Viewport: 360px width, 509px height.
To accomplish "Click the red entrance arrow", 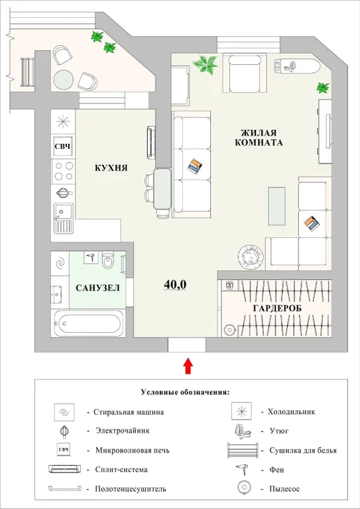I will (x=188, y=364).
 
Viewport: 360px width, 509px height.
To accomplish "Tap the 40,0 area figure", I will (x=175, y=284).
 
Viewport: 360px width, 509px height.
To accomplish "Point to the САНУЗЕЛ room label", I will (x=97, y=288).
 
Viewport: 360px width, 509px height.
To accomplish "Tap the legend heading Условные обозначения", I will (x=185, y=392).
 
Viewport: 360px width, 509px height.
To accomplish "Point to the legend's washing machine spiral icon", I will (x=64, y=412).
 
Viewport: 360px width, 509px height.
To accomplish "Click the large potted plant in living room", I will (x=206, y=64).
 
